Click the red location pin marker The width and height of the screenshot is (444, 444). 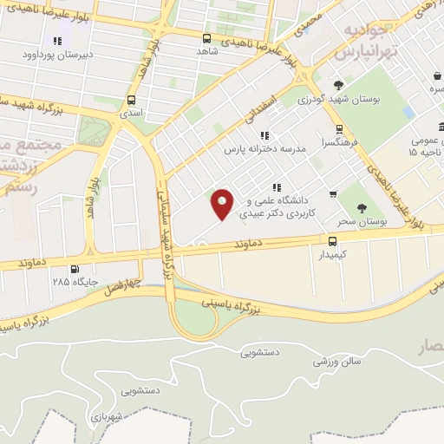pyautogui.click(x=223, y=203)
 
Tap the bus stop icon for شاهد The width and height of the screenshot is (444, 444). pyautogui.click(x=206, y=38)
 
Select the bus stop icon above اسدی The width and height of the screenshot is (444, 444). pyautogui.click(x=131, y=100)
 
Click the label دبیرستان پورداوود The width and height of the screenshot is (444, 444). pyautogui.click(x=58, y=55)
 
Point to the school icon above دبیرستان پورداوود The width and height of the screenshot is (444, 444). pyautogui.click(x=57, y=41)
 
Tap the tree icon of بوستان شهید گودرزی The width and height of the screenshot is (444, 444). pyautogui.click(x=338, y=84)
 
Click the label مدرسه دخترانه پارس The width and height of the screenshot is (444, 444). pyautogui.click(x=265, y=149)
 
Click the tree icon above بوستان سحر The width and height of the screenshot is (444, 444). pyautogui.click(x=362, y=208)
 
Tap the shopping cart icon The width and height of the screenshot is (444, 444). pyautogui.click(x=334, y=193)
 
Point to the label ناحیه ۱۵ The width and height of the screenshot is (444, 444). pyautogui.click(x=426, y=153)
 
